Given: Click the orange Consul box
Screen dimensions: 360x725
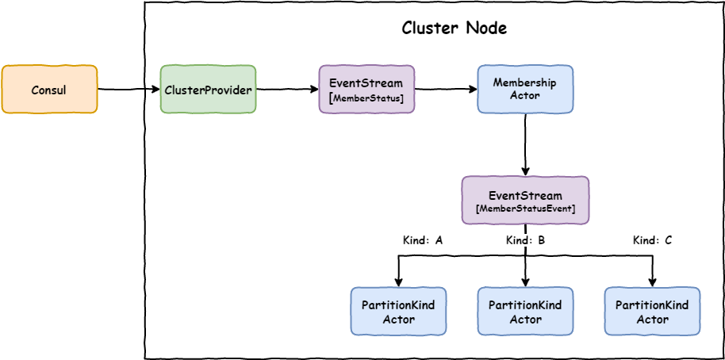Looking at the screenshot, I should pyautogui.click(x=49, y=90).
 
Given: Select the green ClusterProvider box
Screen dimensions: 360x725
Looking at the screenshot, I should pyautogui.click(x=208, y=90).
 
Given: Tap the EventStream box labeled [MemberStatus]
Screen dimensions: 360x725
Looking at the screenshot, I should pyautogui.click(x=366, y=90).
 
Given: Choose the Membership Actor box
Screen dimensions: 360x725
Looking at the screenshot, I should pyautogui.click(x=525, y=90).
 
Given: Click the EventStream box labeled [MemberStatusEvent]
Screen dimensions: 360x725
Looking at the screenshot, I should pyautogui.click(x=525, y=201).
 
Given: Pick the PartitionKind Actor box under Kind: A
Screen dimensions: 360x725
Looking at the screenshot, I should pyautogui.click(x=398, y=312).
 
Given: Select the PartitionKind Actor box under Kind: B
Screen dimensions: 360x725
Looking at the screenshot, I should pyautogui.click(x=525, y=312).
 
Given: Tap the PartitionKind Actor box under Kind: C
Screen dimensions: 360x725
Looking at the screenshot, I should pyautogui.click(x=652, y=312).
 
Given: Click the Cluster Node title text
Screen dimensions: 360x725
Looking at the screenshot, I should pyautogui.click(x=454, y=29).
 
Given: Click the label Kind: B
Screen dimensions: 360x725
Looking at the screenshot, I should pyautogui.click(x=525, y=239).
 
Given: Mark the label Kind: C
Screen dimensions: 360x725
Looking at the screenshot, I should pyautogui.click(x=652, y=239).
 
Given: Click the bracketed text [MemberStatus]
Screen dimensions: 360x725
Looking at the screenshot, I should pyautogui.click(x=366, y=98).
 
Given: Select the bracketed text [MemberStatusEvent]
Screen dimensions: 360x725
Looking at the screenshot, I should pyautogui.click(x=525, y=209).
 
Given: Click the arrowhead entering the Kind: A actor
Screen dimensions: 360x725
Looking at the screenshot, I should pyautogui.click(x=398, y=281).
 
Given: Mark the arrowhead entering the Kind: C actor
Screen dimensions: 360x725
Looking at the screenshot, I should pyautogui.click(x=652, y=281).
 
